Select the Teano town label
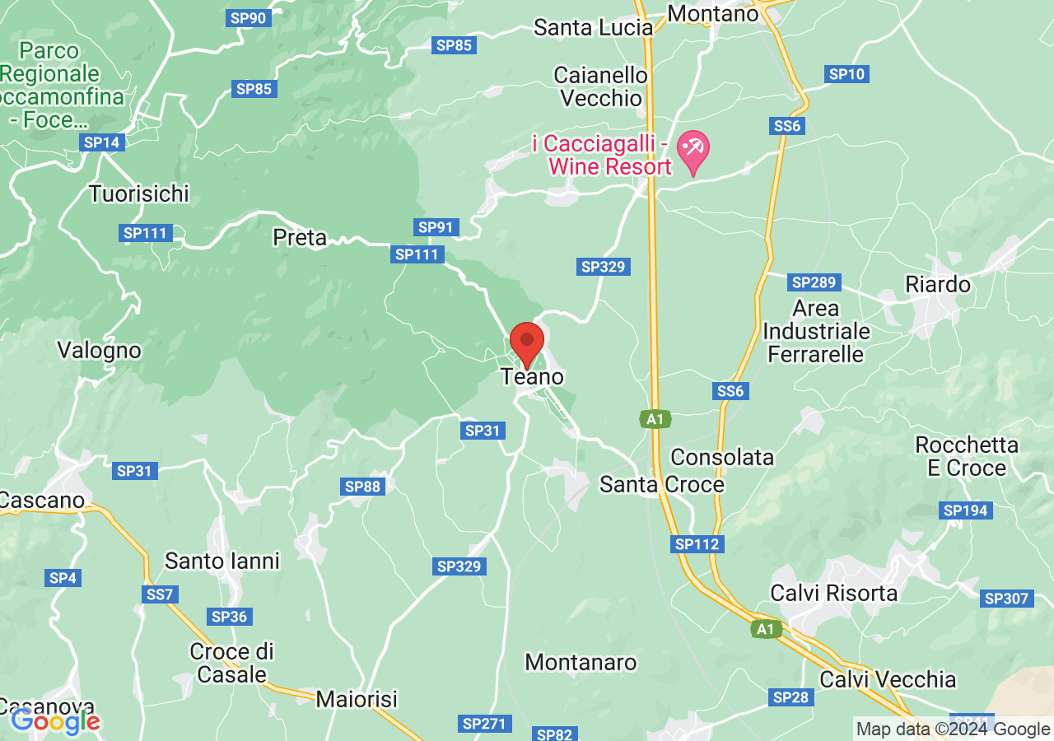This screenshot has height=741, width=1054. [533, 377]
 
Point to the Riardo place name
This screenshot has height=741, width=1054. [938, 285]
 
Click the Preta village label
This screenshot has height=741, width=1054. [300, 238]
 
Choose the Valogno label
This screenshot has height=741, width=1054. [99, 351]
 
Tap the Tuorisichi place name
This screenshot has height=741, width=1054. [139, 194]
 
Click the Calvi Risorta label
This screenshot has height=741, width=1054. [833, 593]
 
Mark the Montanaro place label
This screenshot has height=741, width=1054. [581, 662]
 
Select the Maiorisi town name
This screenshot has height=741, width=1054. [357, 700]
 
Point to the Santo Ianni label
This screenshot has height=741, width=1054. [222, 562]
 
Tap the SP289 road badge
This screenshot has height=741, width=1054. [814, 282]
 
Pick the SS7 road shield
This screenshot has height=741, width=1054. [160, 594]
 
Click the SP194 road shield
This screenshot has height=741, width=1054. [965, 510]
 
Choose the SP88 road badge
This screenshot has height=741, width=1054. [362, 487]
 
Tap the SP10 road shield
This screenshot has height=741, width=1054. [847, 74]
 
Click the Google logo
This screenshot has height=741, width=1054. [56, 722]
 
